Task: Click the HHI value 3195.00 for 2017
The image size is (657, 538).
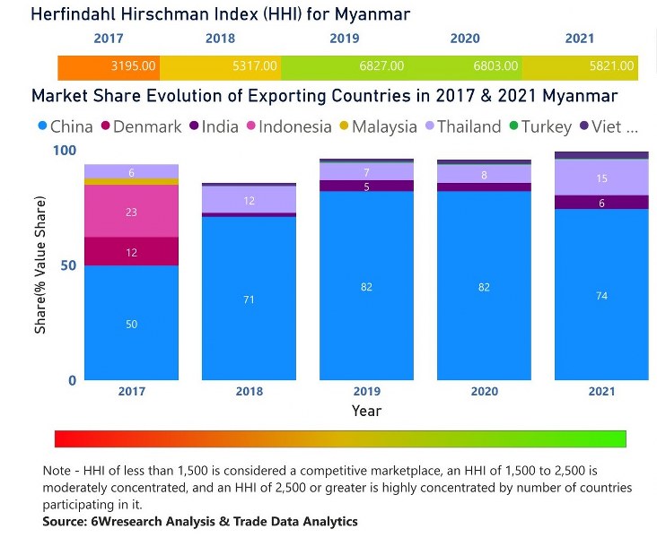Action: (x=134, y=66)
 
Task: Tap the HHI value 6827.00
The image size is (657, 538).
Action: (x=381, y=66)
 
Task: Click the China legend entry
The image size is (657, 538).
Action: (x=65, y=126)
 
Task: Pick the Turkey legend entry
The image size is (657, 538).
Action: (x=543, y=126)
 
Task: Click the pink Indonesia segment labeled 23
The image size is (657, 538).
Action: (x=131, y=212)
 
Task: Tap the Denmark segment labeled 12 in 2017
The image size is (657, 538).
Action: (x=131, y=252)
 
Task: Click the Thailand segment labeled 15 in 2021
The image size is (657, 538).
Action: (x=601, y=178)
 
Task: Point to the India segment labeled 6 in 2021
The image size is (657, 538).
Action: (x=601, y=203)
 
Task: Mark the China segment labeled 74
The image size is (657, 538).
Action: (x=601, y=295)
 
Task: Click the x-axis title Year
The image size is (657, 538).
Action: (x=366, y=411)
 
